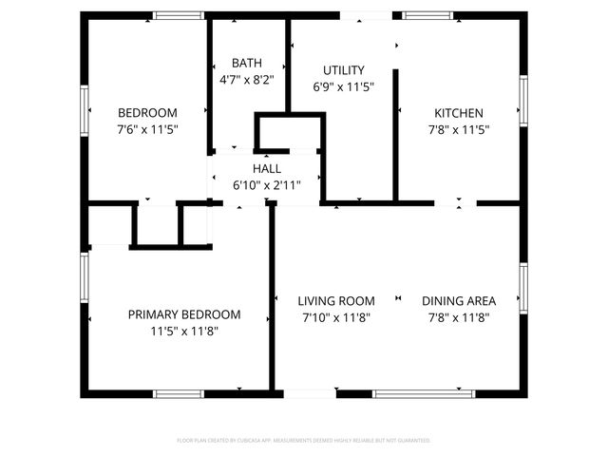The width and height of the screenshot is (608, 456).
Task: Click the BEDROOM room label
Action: coord(147,111)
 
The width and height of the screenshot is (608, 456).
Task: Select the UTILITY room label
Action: coord(343,70)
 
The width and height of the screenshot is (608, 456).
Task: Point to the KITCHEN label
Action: coord(457,112)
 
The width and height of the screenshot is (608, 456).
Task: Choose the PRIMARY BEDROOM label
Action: coord(184,314)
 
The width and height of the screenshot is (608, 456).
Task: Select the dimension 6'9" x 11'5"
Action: coord(343,86)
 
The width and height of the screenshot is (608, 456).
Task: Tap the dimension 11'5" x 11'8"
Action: coord(184,332)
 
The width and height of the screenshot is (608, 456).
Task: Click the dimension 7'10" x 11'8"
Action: coord(336,318)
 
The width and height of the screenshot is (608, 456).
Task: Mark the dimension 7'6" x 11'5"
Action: coord(147,128)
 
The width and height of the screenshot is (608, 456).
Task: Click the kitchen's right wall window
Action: coord(522,100)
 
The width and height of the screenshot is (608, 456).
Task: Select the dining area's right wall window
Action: coord(522,287)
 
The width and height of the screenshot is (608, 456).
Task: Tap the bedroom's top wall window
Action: coord(179,15)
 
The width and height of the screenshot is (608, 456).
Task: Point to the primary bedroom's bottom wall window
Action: coord(179,393)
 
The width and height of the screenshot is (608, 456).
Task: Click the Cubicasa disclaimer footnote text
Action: coord(304,441)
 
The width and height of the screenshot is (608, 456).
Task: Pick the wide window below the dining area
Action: coord(423,393)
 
